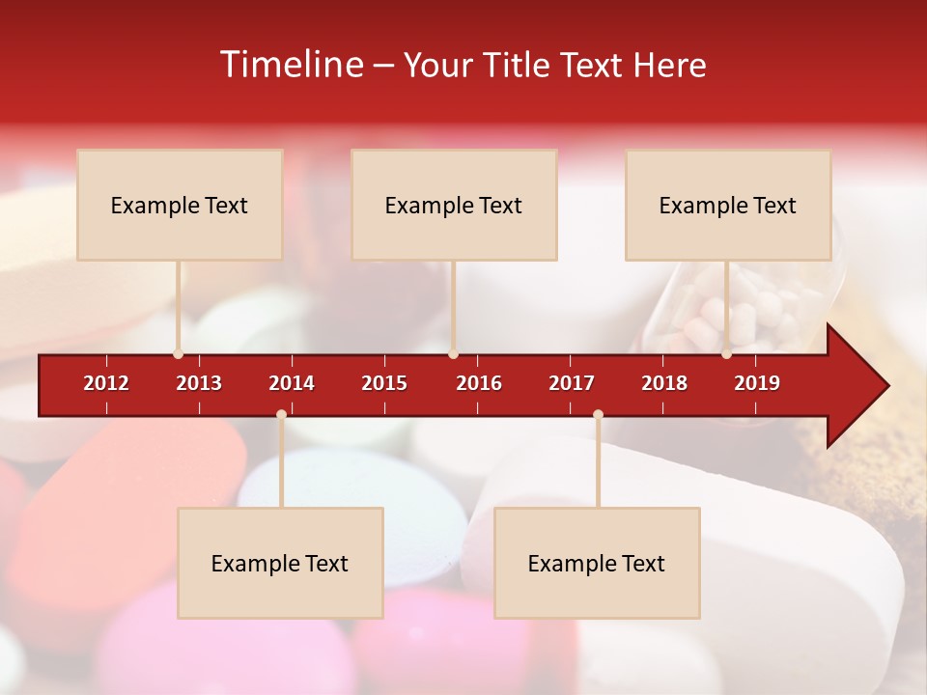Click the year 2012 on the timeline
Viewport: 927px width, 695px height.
pos(106,383)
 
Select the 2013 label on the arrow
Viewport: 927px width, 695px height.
pos(199,383)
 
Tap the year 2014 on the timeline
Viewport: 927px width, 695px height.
pos(292,383)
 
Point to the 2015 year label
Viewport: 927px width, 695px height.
pos(384,383)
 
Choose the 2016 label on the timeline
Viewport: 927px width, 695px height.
pos(479,383)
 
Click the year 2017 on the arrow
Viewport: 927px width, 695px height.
pos(572,383)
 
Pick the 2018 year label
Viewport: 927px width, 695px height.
pos(664,383)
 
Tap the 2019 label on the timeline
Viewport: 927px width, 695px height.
pos(757,383)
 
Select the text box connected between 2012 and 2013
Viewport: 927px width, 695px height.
pos(180,205)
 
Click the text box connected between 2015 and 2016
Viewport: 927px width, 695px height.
pos(454,205)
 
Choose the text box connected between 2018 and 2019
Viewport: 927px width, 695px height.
pos(728,205)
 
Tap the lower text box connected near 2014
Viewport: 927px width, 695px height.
pos(280,563)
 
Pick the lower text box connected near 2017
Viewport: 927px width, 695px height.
pos(597,563)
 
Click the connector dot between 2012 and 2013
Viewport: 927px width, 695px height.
pos(179,354)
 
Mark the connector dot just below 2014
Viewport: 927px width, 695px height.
pos(281,415)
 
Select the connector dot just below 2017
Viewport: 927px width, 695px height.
pos(598,415)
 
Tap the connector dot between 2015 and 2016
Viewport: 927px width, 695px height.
pos(453,354)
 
